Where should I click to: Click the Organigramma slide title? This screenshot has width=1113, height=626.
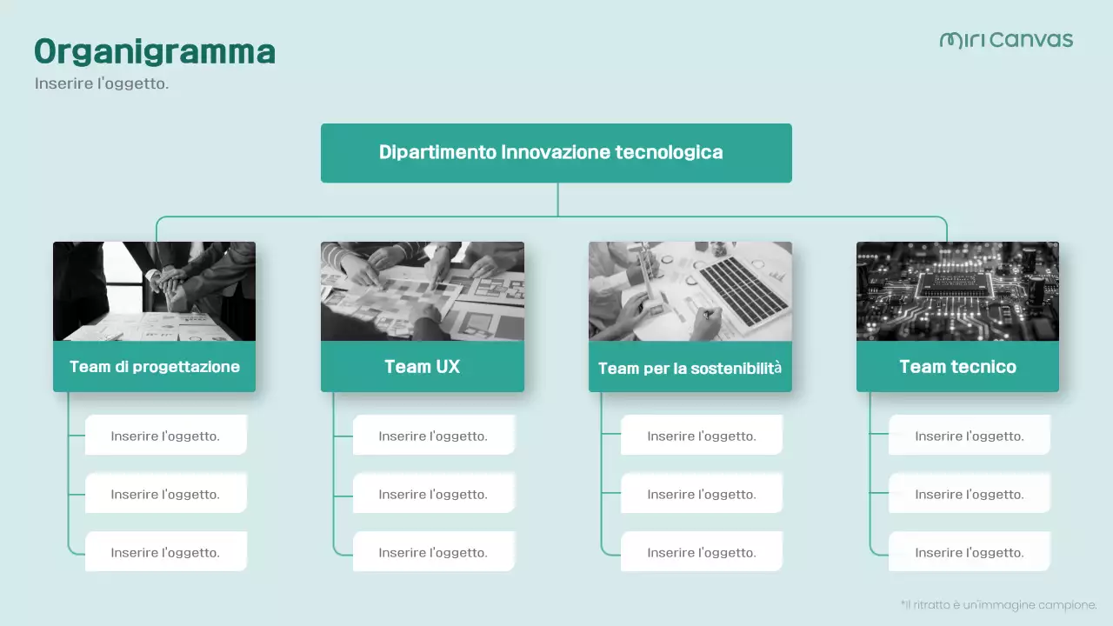pyautogui.click(x=155, y=52)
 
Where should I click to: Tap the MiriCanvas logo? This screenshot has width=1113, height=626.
pyautogui.click(x=1006, y=40)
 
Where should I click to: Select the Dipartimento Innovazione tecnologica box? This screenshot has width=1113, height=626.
pyautogui.click(x=556, y=153)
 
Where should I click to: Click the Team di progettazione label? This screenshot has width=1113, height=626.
pyautogui.click(x=155, y=367)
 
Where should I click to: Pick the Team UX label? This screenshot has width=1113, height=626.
pyautogui.click(x=422, y=367)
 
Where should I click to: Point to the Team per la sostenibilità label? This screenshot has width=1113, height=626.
pyautogui.click(x=690, y=368)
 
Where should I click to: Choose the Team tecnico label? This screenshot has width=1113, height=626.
pyautogui.click(x=957, y=367)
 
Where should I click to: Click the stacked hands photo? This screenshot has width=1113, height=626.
pyautogui.click(x=155, y=291)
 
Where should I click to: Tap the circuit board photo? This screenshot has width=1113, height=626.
pyautogui.click(x=957, y=291)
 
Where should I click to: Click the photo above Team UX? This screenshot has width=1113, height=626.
pyautogui.click(x=422, y=291)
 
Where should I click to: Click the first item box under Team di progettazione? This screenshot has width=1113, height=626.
pyautogui.click(x=165, y=436)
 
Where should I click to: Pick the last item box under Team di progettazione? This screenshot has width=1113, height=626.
pyautogui.click(x=165, y=552)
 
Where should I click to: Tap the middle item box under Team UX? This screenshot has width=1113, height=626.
pyautogui.click(x=433, y=494)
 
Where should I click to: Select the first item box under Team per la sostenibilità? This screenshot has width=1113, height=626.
pyautogui.click(x=701, y=436)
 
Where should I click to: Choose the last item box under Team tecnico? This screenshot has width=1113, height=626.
pyautogui.click(x=969, y=552)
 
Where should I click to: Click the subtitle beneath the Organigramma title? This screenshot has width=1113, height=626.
pyautogui.click(x=101, y=83)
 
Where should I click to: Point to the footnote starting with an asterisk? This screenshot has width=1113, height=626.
pyautogui.click(x=998, y=604)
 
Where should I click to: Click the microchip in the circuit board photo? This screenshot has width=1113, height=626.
pyautogui.click(x=956, y=281)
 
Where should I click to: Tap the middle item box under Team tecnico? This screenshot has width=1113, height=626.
pyautogui.click(x=969, y=494)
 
